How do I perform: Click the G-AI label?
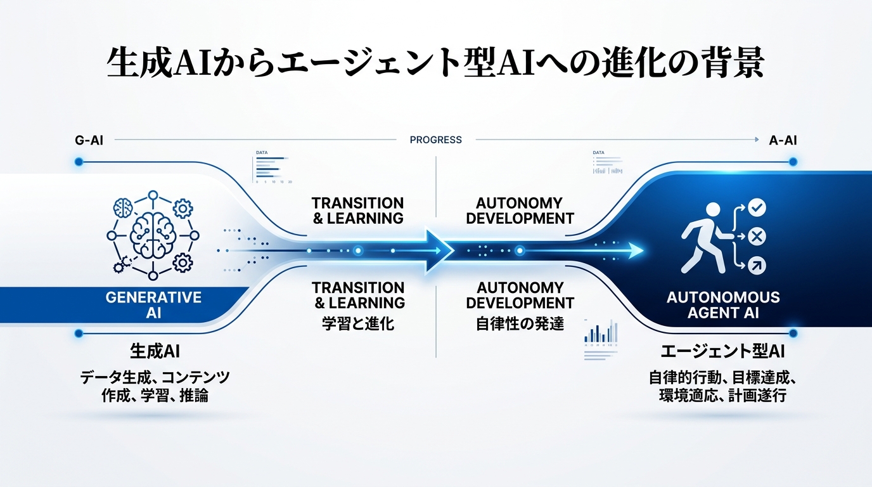[x=89, y=140]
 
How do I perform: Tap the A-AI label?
[x=783, y=140]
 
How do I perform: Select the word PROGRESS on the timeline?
[x=436, y=140]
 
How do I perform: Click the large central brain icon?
[x=151, y=235]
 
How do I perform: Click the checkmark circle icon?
[x=757, y=207]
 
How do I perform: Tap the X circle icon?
[x=757, y=237]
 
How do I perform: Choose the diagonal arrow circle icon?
[x=757, y=266]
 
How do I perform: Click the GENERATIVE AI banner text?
[x=153, y=304]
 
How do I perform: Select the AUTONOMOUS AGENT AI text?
[x=723, y=304]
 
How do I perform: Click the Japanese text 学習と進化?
[x=358, y=323]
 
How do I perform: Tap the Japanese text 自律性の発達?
[x=520, y=323]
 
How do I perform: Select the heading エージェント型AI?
[x=722, y=352]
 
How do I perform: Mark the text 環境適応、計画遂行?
[x=722, y=396]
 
